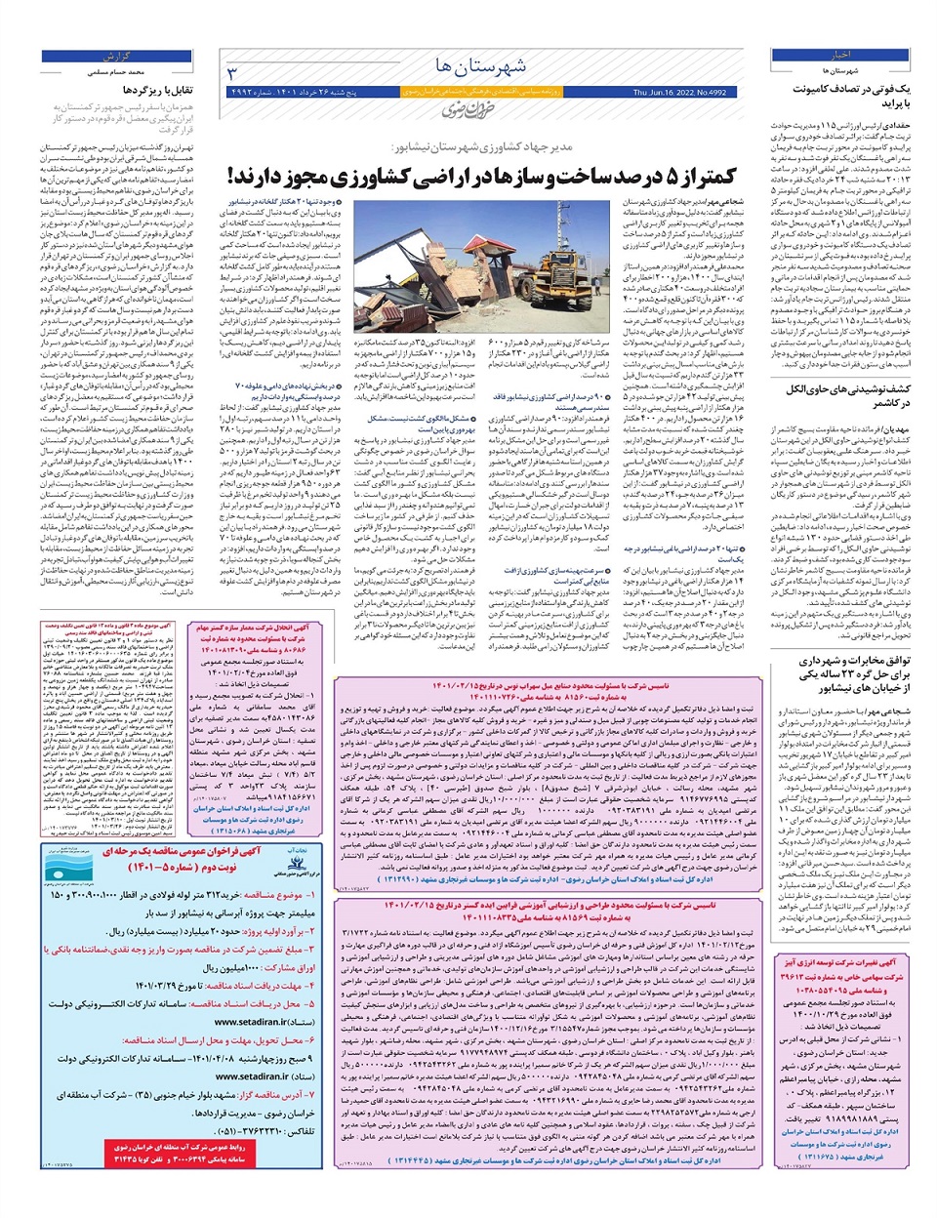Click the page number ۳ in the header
(x=232, y=74)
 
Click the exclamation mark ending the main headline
(x=232, y=177)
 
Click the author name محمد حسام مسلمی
(x=132, y=72)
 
